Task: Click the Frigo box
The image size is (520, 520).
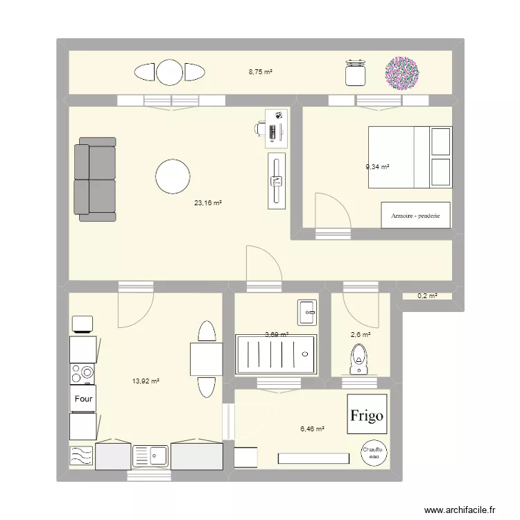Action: pos(366,415)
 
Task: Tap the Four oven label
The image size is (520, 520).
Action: pos(83,399)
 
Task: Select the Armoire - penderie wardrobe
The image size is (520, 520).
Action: pos(415,215)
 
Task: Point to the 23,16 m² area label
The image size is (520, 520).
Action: pos(208,203)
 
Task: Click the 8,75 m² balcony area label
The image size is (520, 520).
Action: pos(261,71)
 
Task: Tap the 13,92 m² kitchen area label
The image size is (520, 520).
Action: pos(146,381)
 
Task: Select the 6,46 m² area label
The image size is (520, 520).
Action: pos(313,429)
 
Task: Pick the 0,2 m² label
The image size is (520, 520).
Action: pos(427,296)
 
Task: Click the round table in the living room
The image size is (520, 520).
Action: pos(173,177)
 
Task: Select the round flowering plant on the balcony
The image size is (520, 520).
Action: pos(403,73)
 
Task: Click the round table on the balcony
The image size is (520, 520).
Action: pos(169,73)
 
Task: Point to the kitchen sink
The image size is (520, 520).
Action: pos(150,456)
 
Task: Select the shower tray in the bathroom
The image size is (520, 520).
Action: pos(276,355)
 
